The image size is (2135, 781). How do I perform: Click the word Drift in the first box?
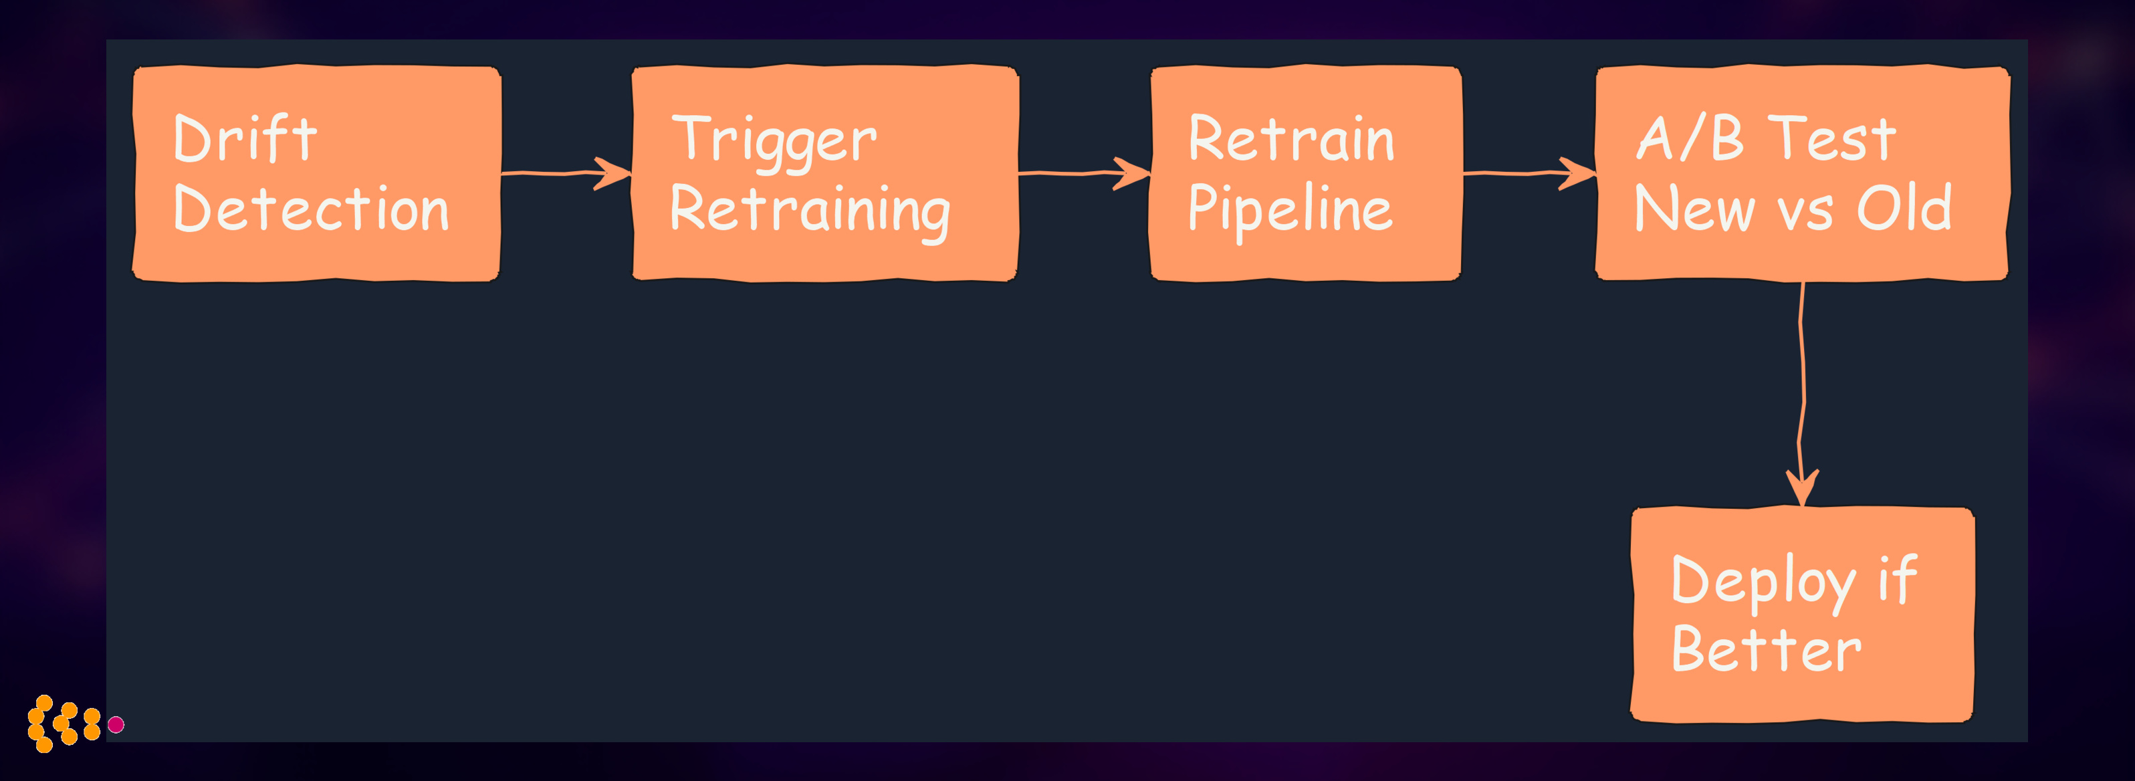click(x=245, y=139)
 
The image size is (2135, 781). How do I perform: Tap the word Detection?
click(x=311, y=209)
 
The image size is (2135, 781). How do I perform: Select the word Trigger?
click(x=773, y=141)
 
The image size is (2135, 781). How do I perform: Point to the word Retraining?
click(x=809, y=211)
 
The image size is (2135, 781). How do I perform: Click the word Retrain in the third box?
click(x=1290, y=139)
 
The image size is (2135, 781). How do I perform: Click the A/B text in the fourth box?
click(x=1689, y=138)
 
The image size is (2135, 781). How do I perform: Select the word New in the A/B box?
click(x=1693, y=209)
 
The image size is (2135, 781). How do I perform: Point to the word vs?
click(x=1806, y=211)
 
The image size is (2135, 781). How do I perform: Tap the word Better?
click(x=1765, y=650)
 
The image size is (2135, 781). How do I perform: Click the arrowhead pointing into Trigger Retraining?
click(x=615, y=173)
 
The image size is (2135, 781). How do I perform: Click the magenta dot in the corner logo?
click(x=116, y=725)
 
